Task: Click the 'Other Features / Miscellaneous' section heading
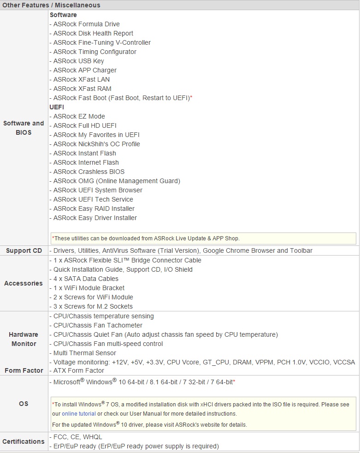(51, 5)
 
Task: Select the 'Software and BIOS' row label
(24, 128)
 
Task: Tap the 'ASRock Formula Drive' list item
(86, 24)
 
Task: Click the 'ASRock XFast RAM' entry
(82, 89)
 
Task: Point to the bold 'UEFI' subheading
(57, 107)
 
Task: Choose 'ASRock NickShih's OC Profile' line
(96, 144)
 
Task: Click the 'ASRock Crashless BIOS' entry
(89, 172)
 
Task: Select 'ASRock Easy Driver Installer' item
(95, 218)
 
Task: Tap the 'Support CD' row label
(24, 250)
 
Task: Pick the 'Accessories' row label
(24, 283)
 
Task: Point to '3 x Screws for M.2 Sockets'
(93, 306)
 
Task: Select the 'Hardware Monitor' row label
(24, 339)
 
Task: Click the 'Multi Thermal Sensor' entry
(85, 353)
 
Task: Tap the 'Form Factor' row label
(24, 370)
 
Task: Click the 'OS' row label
(24, 404)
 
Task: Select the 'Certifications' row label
(24, 441)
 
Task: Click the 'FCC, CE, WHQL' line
(77, 437)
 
